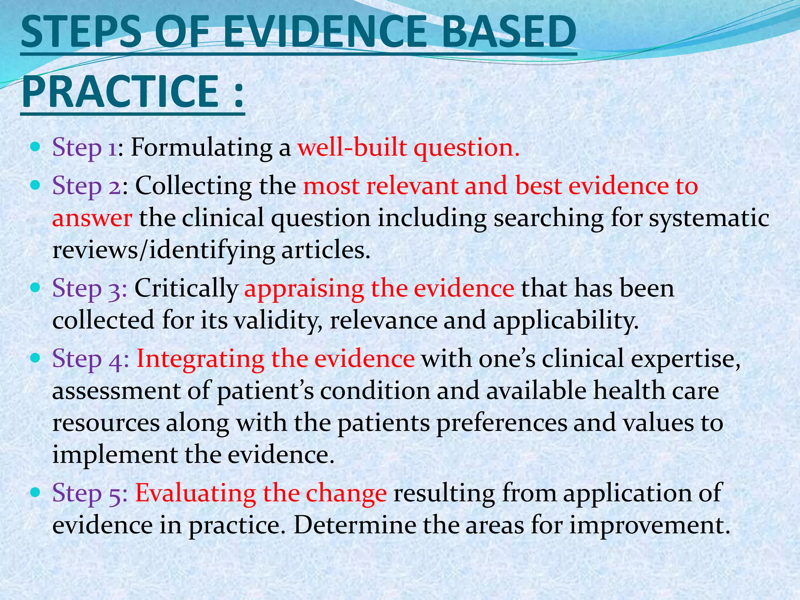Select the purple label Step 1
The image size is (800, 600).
(84, 148)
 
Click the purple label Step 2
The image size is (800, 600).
(87, 186)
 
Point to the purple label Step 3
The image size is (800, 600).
(89, 289)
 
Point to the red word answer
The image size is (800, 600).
(92, 218)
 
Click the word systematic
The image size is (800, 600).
(709, 218)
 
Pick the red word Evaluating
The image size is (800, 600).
(195, 493)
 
